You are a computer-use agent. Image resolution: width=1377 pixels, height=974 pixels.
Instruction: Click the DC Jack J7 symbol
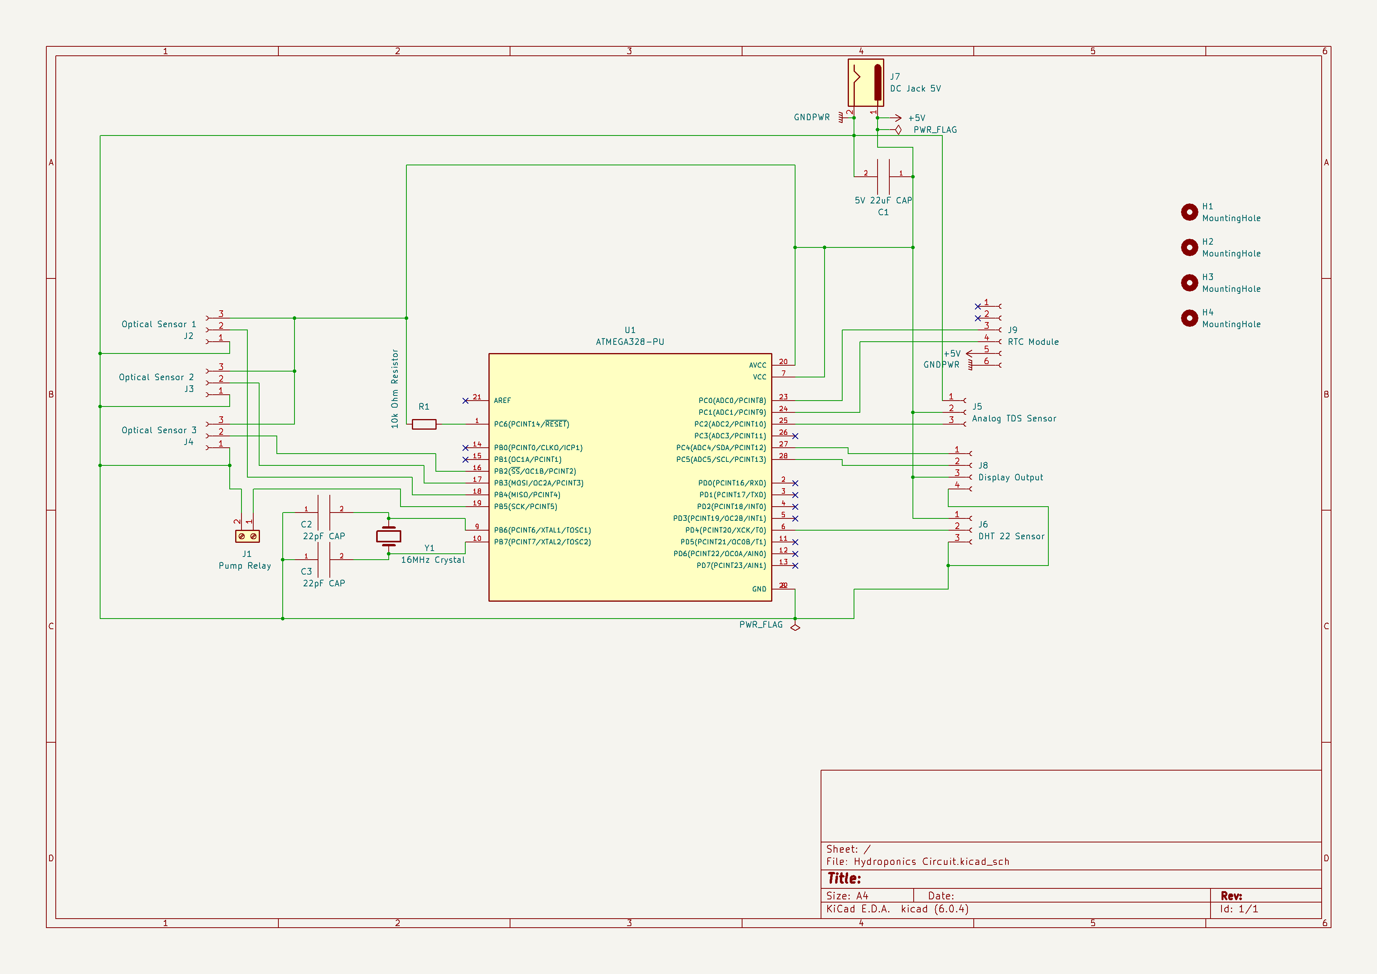[865, 83]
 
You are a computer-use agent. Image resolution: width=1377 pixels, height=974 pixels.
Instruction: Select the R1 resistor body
[424, 425]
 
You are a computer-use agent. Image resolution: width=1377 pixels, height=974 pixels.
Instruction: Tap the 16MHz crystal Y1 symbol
[389, 536]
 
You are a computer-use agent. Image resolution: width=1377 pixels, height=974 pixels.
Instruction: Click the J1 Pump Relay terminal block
[247, 536]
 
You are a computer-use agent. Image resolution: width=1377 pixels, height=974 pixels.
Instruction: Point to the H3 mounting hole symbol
[1189, 282]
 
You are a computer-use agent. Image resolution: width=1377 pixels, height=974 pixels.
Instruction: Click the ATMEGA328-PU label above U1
[630, 342]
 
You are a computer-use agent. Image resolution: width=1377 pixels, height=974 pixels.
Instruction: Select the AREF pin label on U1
[503, 401]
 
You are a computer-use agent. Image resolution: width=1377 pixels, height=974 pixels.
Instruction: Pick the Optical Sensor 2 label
[156, 377]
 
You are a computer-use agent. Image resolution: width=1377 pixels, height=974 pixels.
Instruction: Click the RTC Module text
[1033, 342]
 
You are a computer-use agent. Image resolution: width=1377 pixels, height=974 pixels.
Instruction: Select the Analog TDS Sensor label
[1013, 419]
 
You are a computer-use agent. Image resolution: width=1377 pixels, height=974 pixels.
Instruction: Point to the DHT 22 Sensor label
[1011, 536]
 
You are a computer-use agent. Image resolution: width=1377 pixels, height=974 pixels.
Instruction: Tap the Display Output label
[1011, 478]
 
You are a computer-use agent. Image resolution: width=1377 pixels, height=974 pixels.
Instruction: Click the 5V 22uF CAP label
[883, 200]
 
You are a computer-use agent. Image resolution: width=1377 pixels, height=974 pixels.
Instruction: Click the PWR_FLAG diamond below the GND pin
[795, 627]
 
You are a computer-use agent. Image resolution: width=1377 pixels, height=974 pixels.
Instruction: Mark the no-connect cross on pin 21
[465, 401]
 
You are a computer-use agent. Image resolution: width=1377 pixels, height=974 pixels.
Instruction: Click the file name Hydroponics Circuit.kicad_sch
[931, 862]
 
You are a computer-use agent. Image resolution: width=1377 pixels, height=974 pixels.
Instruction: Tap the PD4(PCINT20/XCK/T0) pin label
[725, 530]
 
